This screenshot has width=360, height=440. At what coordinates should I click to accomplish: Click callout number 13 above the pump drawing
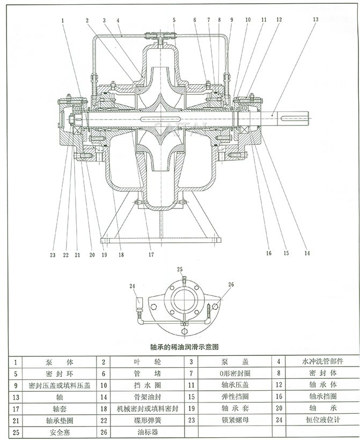315,19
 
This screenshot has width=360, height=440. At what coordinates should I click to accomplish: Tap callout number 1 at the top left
63,20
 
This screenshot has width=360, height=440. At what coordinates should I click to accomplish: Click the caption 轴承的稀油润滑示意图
179,347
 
